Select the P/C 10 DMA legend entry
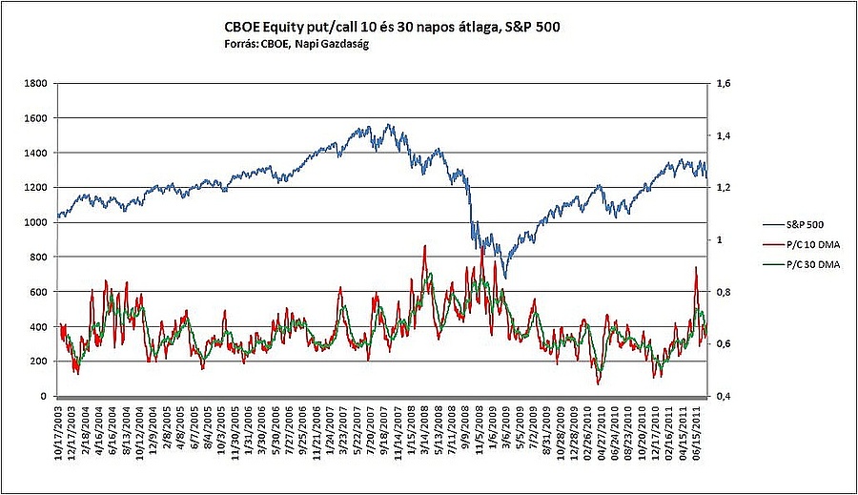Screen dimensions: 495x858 (793, 244)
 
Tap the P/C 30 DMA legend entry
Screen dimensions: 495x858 (793, 263)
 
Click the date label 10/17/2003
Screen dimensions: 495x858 (59, 434)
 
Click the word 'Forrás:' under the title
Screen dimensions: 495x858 (241, 44)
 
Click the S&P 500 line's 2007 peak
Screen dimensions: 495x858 (388, 125)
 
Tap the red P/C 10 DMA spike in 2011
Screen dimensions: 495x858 (696, 269)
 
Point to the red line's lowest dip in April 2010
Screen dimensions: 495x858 (599, 383)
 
